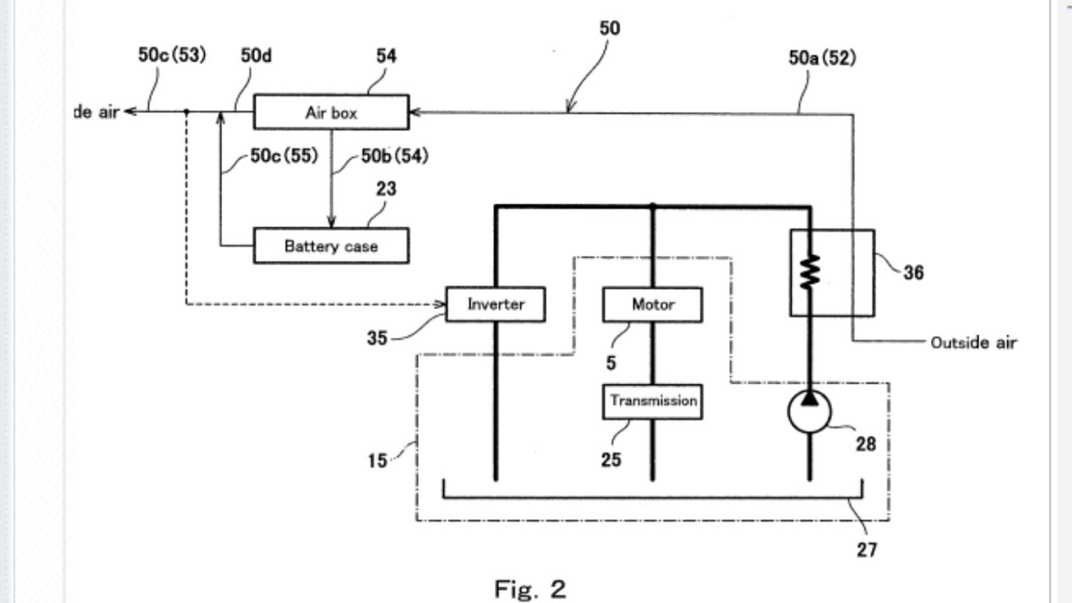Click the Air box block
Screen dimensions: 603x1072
331,112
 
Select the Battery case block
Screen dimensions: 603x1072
331,246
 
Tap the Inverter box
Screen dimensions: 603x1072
496,304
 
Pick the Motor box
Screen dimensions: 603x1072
653,305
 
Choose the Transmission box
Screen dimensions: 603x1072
653,401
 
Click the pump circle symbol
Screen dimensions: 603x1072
810,412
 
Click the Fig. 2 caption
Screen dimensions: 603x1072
530,589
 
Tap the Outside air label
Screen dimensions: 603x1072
973,342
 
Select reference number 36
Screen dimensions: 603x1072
913,272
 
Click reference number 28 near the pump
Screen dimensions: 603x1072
866,444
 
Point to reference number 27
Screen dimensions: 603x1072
867,549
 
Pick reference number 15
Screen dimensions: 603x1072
377,461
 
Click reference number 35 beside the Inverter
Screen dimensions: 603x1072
377,338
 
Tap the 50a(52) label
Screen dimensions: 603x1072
822,58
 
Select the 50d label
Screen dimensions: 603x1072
256,55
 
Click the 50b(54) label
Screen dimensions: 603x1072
394,156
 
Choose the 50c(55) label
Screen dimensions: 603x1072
284,156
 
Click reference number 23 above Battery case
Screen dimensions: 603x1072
386,189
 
